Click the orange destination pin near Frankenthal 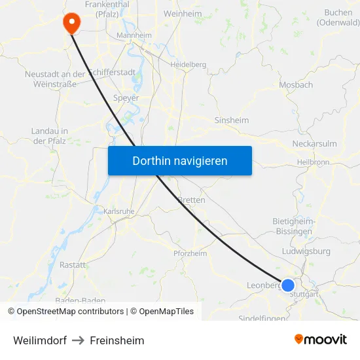[x=71, y=23]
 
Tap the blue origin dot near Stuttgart [x=287, y=285]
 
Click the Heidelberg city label [x=188, y=65]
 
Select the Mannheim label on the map [x=134, y=35]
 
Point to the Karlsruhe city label [x=118, y=211]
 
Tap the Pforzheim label [x=190, y=253]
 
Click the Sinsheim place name [x=232, y=120]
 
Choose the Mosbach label [x=296, y=85]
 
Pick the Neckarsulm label [x=314, y=143]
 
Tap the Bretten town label [x=192, y=200]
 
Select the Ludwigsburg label [x=306, y=251]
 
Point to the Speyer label [x=126, y=98]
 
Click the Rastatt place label [x=73, y=265]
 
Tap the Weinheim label [x=182, y=13]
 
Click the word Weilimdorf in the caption [x=40, y=340]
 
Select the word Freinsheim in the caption [x=117, y=340]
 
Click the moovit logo [x=321, y=339]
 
